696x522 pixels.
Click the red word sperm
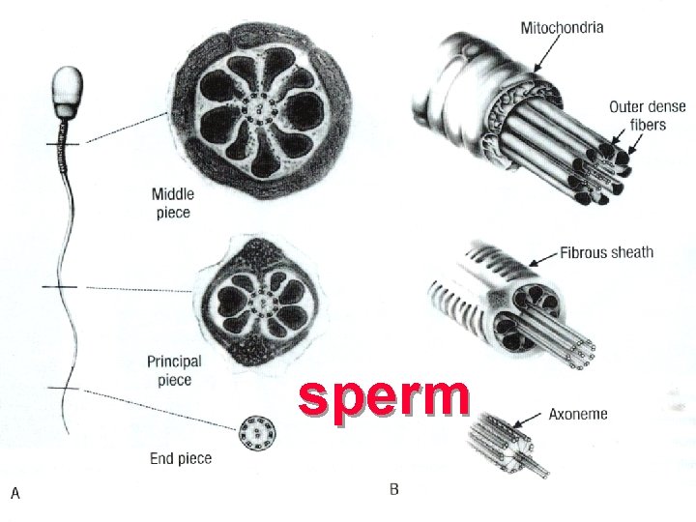[x=384, y=398]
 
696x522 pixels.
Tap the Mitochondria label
[x=562, y=28]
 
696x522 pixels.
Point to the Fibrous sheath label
[x=606, y=253]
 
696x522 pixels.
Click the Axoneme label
[x=578, y=414]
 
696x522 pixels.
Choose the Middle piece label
[x=173, y=204]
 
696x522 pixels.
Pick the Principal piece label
[x=174, y=370]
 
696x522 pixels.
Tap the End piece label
[x=181, y=457]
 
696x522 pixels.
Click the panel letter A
[x=15, y=493]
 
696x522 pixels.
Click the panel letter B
[x=393, y=490]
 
